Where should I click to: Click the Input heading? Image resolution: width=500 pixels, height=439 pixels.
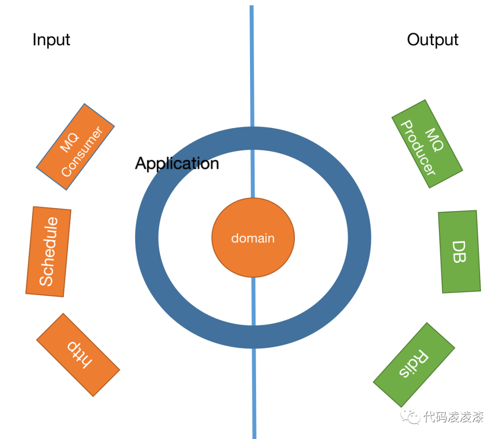pos(51,40)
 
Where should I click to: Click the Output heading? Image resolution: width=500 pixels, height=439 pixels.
pos(432,40)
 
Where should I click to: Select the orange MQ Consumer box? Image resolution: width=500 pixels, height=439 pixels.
pos(75,147)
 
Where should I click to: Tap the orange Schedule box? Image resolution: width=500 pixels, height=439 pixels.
pos(48,251)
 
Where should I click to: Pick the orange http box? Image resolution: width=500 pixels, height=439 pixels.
pos(78,355)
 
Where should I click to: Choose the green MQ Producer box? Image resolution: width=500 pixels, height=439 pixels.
pos(427,144)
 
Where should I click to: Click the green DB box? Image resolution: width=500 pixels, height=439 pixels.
pos(459,252)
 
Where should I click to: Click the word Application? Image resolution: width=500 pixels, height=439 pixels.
pos(177,163)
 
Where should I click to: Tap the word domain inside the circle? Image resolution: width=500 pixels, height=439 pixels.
pos(253,238)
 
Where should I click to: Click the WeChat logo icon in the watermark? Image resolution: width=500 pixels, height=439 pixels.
pos(411,417)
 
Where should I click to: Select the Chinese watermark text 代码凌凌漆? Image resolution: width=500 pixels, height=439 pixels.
pos(453,417)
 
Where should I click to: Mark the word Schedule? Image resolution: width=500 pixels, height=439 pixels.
pos(48,251)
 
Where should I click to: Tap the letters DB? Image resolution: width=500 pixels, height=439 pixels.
pos(459,252)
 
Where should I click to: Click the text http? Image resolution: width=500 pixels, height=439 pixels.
pos(78,355)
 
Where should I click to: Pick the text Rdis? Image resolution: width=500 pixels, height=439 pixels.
pos(414,364)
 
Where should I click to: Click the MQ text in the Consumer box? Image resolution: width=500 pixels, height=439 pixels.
pos(69,142)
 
